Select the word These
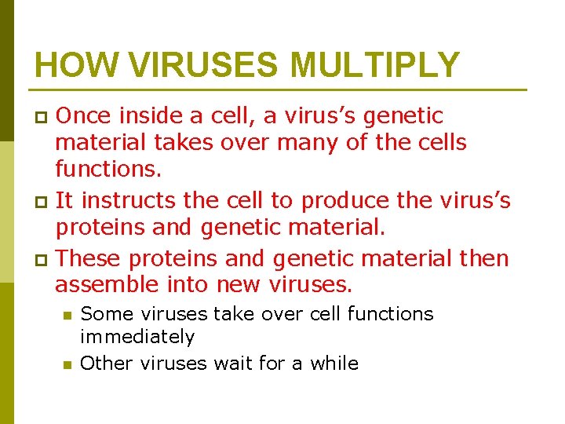pyautogui.click(x=93, y=258)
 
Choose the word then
pyautogui.click(x=484, y=258)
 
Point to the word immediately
pyautogui.click(x=137, y=337)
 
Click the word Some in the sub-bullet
pyautogui.click(x=106, y=314)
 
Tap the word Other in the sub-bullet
pyautogui.click(x=108, y=364)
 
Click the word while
pyautogui.click(x=334, y=364)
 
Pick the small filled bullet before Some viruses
pyautogui.click(x=67, y=316)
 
